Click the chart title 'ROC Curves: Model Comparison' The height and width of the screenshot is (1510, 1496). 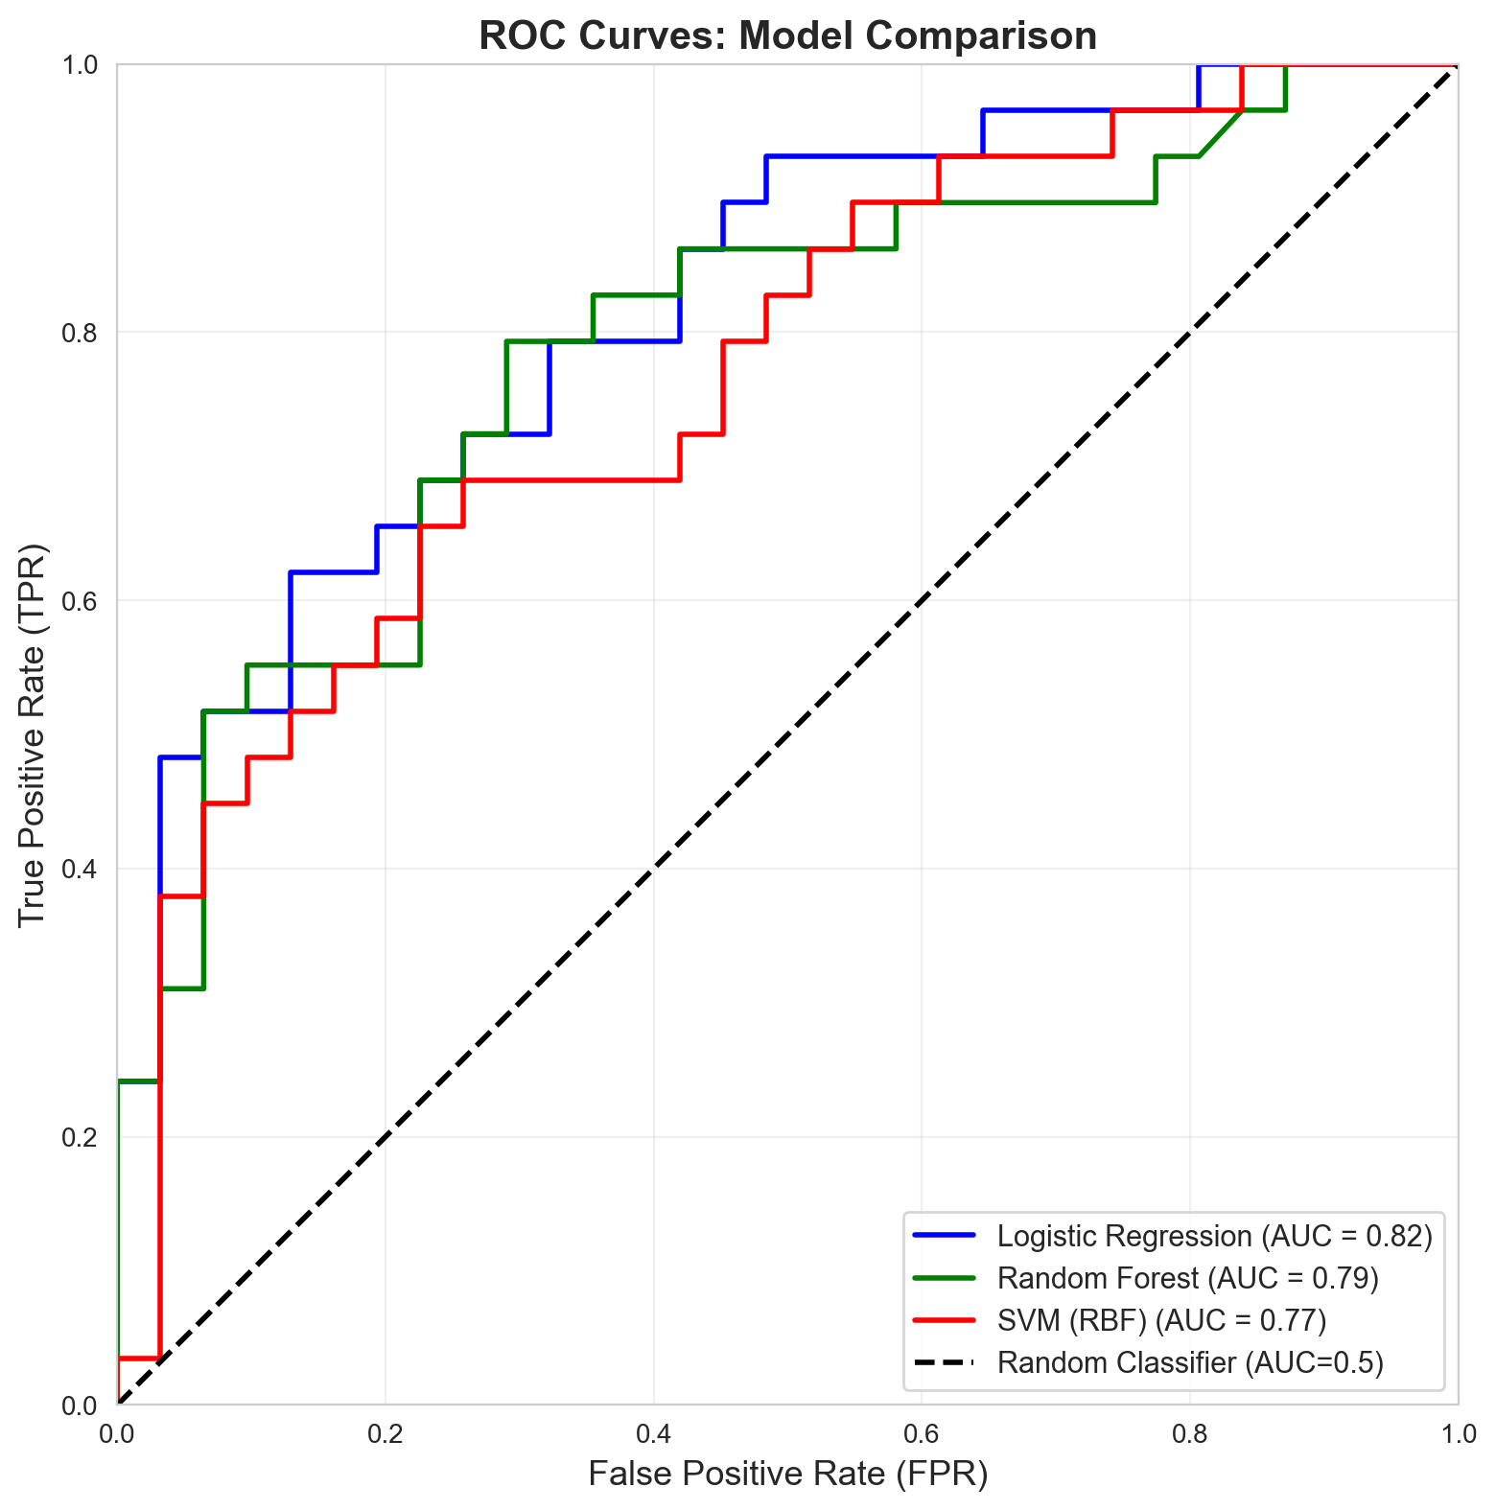click(787, 36)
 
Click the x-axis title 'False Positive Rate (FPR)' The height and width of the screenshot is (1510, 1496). click(787, 1475)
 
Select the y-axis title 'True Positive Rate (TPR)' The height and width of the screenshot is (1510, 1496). click(33, 735)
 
